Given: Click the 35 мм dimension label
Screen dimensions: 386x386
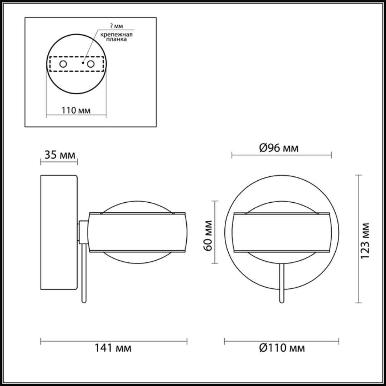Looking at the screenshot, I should point(60,155).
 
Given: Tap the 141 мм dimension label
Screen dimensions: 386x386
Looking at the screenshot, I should point(113,348).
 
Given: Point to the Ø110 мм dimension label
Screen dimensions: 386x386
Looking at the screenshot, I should point(282,348).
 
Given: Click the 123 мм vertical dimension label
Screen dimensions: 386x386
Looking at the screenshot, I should point(365,240).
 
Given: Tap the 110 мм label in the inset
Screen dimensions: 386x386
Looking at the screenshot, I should point(76,110).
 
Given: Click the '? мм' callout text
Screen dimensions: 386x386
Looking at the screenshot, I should point(116,26).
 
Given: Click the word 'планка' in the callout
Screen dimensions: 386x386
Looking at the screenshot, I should point(117,40).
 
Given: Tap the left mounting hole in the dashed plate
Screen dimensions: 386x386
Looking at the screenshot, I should point(63,64).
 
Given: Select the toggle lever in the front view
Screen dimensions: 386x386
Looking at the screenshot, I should point(281,282).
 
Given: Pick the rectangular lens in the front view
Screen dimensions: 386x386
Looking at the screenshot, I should point(281,232).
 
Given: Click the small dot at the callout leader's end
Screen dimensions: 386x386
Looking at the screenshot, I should point(83,63).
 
